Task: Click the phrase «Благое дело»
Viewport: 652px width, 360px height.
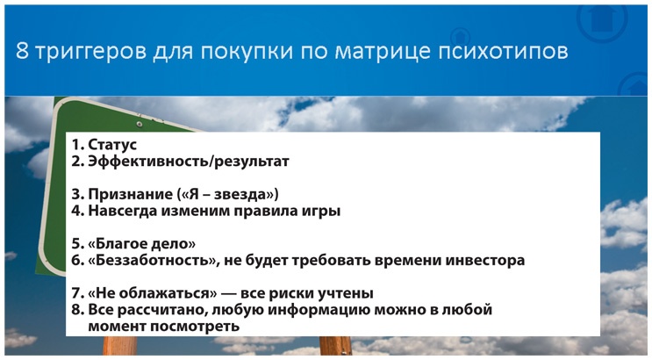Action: click(141, 243)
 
